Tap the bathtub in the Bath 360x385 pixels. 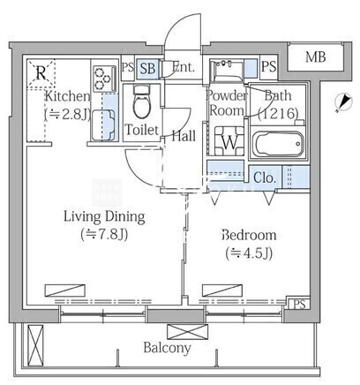[x=278, y=144]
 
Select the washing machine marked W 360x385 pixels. [x=229, y=141]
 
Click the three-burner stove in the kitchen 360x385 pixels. [x=104, y=79]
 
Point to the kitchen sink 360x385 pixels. [x=103, y=125]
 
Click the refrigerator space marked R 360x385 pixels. [x=41, y=73]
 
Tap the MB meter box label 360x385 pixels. [x=315, y=57]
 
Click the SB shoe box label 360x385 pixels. [x=147, y=68]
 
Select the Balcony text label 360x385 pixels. [x=167, y=348]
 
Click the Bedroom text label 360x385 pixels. [x=249, y=235]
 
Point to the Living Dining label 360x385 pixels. [x=104, y=217]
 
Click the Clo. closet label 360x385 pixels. [x=265, y=177]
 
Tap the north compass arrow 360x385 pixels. [x=343, y=102]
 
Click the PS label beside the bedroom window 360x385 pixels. [x=299, y=305]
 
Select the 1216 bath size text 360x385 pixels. [x=278, y=113]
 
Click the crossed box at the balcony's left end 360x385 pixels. [x=35, y=344]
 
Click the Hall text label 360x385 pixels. [x=184, y=136]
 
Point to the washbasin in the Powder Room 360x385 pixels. [x=227, y=71]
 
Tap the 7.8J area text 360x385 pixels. [x=104, y=235]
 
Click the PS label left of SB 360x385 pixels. [x=128, y=67]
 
